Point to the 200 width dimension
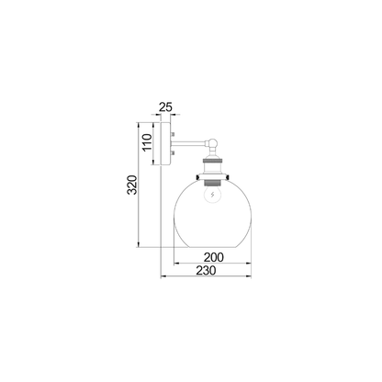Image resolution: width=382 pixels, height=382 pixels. pyautogui.click(x=214, y=258)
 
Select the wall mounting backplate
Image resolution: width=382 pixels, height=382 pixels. pyautogui.click(x=166, y=143)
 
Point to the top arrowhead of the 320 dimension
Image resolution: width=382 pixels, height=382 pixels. pyautogui.click(x=138, y=123)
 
